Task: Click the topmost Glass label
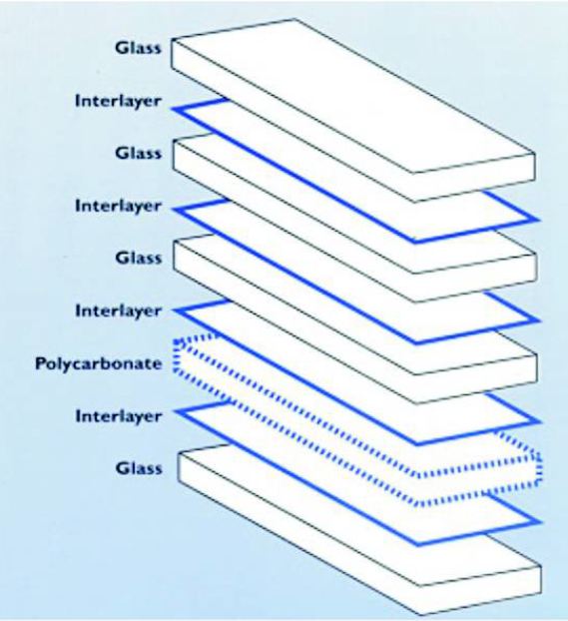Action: click(x=138, y=48)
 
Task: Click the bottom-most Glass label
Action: click(x=139, y=468)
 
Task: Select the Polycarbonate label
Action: click(x=98, y=364)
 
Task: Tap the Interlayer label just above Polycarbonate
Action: click(x=119, y=311)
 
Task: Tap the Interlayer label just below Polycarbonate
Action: click(x=119, y=416)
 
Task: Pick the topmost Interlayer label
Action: click(x=119, y=102)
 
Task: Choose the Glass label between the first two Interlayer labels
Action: click(x=138, y=153)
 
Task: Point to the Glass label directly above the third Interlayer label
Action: click(x=139, y=259)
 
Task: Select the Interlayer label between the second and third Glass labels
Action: click(x=119, y=207)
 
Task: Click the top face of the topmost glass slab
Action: click(x=352, y=95)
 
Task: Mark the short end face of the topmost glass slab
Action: click(x=474, y=178)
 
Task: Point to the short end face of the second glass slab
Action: click(x=476, y=279)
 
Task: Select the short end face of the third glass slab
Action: click(x=476, y=379)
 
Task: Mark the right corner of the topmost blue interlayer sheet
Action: click(x=539, y=219)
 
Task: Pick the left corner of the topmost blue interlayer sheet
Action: click(x=175, y=109)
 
